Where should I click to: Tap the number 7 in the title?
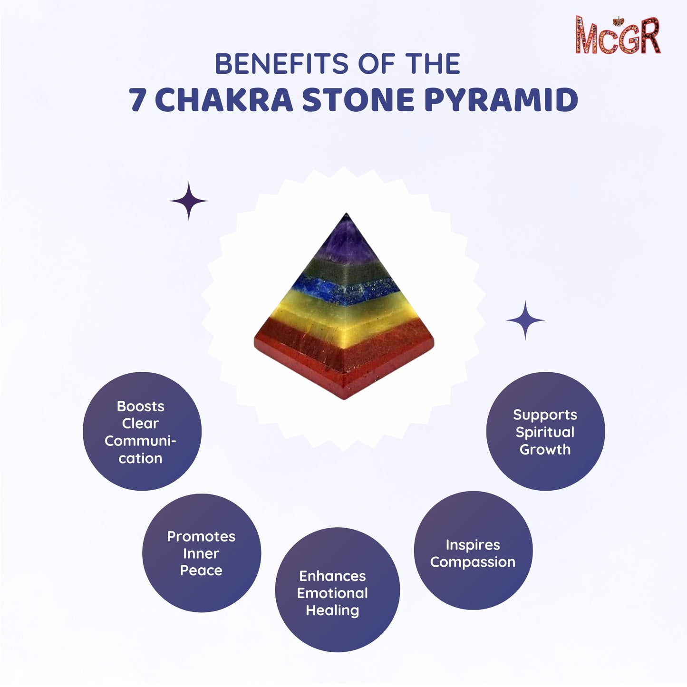click(138, 100)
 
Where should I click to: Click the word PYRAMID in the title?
click(501, 100)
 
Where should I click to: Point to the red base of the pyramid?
click(345, 361)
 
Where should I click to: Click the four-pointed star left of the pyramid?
click(189, 201)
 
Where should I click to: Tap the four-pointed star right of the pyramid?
click(525, 320)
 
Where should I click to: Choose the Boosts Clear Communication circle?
click(142, 432)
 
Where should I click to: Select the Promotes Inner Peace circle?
click(201, 553)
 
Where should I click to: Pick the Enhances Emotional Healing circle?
click(337, 590)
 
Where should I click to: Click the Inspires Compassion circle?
click(473, 551)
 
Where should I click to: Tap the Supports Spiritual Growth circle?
click(545, 431)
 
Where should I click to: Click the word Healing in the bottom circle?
click(332, 610)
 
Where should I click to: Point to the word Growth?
click(545, 449)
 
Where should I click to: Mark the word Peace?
click(201, 571)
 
